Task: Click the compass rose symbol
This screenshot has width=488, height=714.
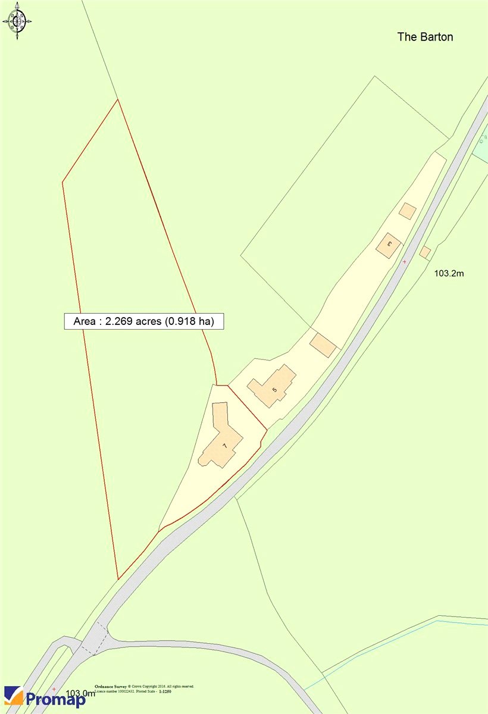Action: pos(17,23)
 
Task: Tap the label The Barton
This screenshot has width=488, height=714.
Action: pos(425,37)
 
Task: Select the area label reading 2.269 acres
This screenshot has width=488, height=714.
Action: pos(143,321)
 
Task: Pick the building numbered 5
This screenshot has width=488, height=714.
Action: pos(273,386)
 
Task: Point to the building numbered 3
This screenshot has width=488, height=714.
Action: pos(389,245)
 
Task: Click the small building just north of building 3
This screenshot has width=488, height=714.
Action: pos(408,211)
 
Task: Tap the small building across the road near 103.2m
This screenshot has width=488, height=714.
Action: pos(425,252)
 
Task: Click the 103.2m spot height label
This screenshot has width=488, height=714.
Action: pos(449,274)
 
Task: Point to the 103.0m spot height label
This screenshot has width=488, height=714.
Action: pos(80,693)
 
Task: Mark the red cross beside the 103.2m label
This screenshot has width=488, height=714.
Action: pos(405,262)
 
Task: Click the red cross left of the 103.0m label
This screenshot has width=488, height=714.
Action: pos(54,689)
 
